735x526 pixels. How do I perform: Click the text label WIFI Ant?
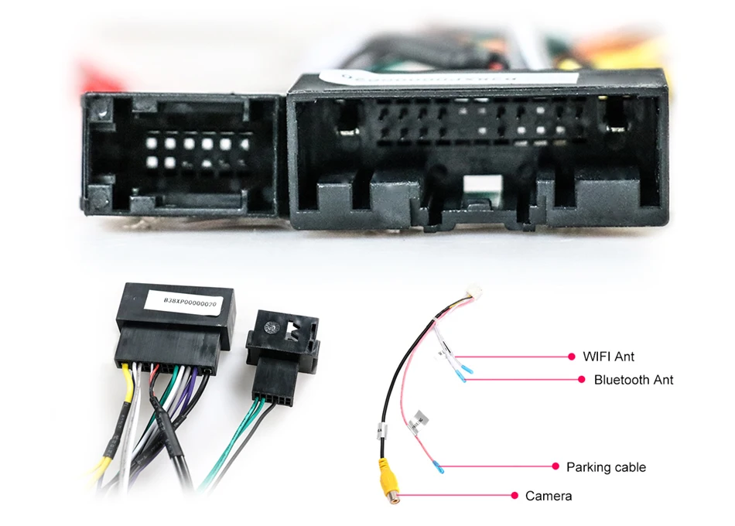pyautogui.click(x=608, y=357)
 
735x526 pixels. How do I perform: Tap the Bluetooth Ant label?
pyautogui.click(x=633, y=380)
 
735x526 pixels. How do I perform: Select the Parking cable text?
pyautogui.click(x=606, y=467)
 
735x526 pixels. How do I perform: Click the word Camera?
pyautogui.click(x=549, y=495)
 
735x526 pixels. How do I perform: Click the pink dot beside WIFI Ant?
pyautogui.click(x=573, y=357)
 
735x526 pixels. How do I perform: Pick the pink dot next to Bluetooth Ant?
pyautogui.click(x=582, y=380)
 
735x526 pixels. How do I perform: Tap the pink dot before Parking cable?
pyautogui.click(x=555, y=466)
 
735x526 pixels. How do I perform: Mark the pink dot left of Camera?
pyautogui.click(x=514, y=495)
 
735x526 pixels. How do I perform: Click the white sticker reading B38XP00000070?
pyautogui.click(x=188, y=303)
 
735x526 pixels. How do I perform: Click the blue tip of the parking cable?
pyautogui.click(x=439, y=468)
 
